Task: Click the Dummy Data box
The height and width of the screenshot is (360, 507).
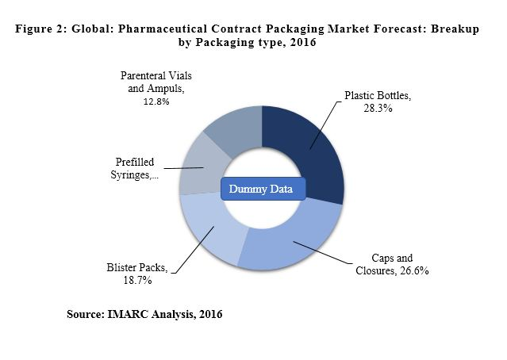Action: click(x=261, y=189)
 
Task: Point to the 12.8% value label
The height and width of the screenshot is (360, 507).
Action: click(x=156, y=101)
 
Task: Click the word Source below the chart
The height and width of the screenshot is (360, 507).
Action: click(x=85, y=315)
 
